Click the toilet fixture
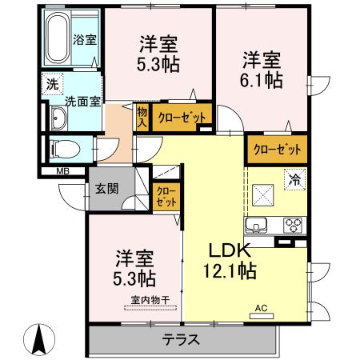pos(61,149)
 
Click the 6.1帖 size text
pos(263,81)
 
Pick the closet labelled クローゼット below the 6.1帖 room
pos(278,149)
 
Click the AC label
pos(261,307)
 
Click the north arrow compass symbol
pos(37,339)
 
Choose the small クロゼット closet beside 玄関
pos(167,197)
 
